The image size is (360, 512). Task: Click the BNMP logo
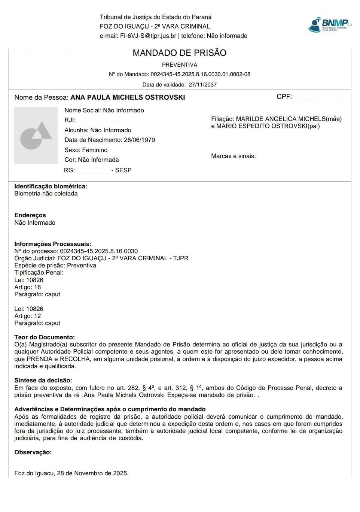pos(330,24)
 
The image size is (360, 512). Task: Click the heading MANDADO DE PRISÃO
pos(180,53)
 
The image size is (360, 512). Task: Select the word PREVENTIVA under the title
pos(180,65)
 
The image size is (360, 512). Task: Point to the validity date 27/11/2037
pos(202,85)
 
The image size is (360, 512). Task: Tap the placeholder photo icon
pos(36,135)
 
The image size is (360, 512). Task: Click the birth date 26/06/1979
pos(139,140)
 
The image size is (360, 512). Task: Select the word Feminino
pos(95,150)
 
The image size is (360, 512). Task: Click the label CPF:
pos(284,97)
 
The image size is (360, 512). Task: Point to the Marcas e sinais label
pos(234,156)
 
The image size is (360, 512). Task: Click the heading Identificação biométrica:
pos(51,186)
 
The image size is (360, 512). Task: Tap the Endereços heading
pos(30,215)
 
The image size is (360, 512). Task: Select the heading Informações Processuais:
pos(53,244)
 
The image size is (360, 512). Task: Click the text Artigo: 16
pos(28,287)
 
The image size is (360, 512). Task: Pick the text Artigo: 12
pos(28,316)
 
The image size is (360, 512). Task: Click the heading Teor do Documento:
pos(45,337)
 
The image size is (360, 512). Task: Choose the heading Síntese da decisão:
pos(43,380)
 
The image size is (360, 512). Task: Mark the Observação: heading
pos(33,452)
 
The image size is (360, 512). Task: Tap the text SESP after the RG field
pos(123,170)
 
